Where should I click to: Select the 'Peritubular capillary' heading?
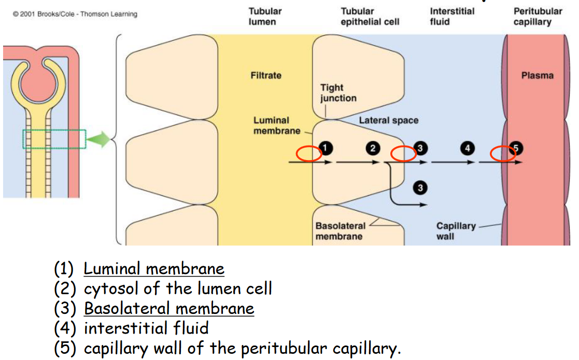coord(538,17)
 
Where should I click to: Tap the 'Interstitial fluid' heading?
coord(452,17)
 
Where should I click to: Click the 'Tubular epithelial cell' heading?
coord(370,17)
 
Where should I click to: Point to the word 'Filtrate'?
coord(266,76)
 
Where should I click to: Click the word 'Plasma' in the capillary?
coord(538,76)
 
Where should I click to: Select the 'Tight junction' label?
coord(338,93)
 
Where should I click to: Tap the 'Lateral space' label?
coord(388,120)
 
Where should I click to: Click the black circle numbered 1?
coord(325,148)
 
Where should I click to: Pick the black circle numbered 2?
coord(372,148)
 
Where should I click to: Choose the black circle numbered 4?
coord(467,149)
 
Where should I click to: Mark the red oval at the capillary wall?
coord(503,154)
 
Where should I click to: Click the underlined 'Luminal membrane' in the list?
coord(154,269)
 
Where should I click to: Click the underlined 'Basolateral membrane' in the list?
coord(169,309)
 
